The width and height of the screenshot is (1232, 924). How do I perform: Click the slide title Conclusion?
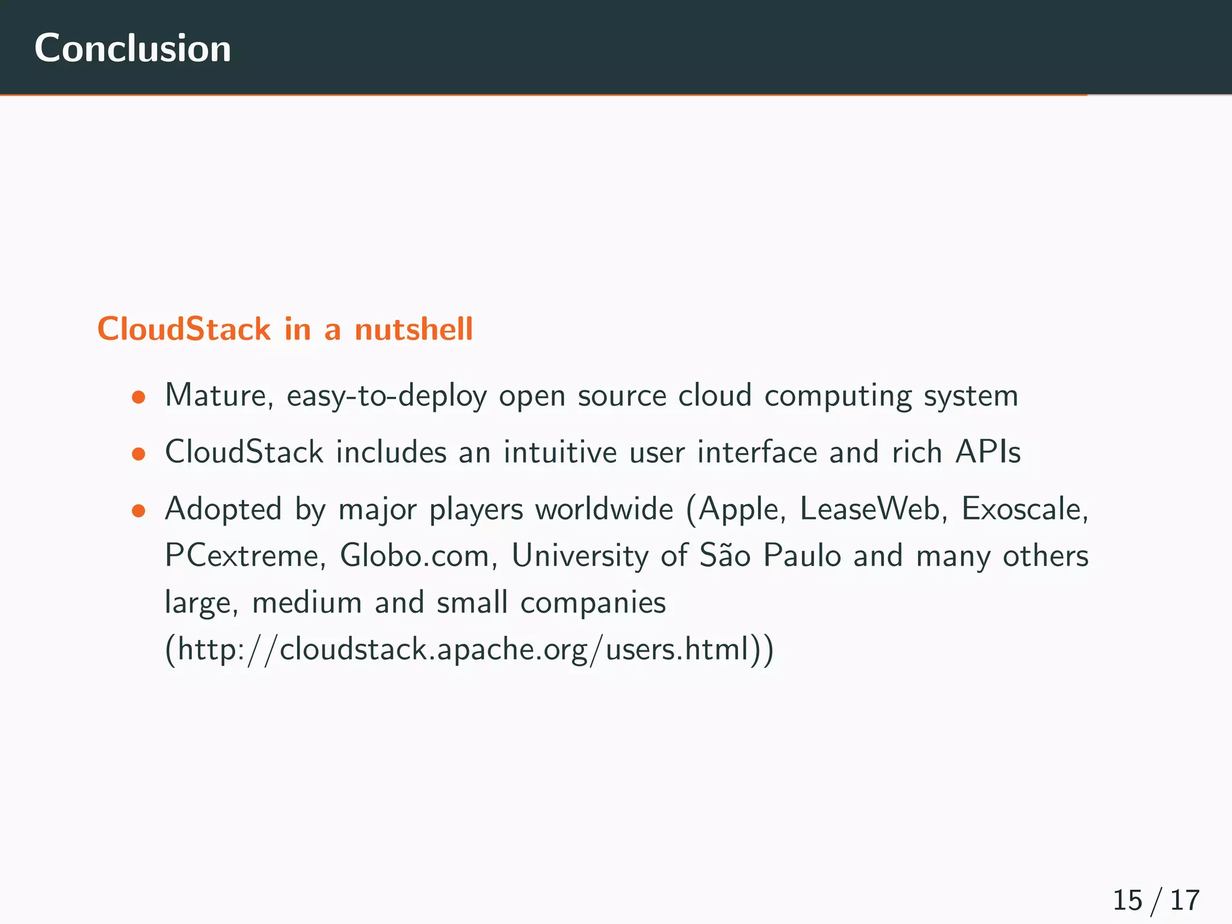click(132, 48)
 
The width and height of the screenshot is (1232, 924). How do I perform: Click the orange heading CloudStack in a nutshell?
click(285, 329)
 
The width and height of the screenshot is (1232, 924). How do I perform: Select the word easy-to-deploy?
click(386, 396)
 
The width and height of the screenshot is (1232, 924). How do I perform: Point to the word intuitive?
click(560, 452)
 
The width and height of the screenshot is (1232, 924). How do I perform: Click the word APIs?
click(988, 452)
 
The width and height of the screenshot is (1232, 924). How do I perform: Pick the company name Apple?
click(742, 510)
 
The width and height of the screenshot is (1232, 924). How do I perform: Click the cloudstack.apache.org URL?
click(469, 650)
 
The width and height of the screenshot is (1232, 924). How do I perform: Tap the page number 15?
click(1127, 901)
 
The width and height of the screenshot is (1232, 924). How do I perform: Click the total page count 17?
click(1184, 901)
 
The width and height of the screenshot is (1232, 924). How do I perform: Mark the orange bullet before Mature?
click(139, 397)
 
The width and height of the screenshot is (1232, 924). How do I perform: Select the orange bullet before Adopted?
click(139, 511)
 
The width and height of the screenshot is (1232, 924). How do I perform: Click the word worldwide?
click(604, 509)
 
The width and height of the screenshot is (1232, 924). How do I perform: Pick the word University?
click(579, 555)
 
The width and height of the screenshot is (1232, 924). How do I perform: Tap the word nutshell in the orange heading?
click(413, 329)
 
